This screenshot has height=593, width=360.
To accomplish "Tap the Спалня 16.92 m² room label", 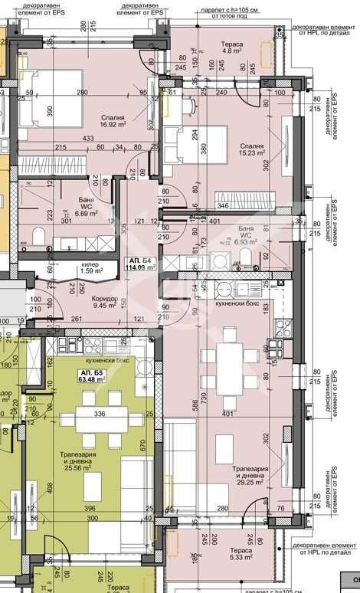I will point(113,122).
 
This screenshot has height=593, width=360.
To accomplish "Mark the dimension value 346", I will point(223,205).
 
